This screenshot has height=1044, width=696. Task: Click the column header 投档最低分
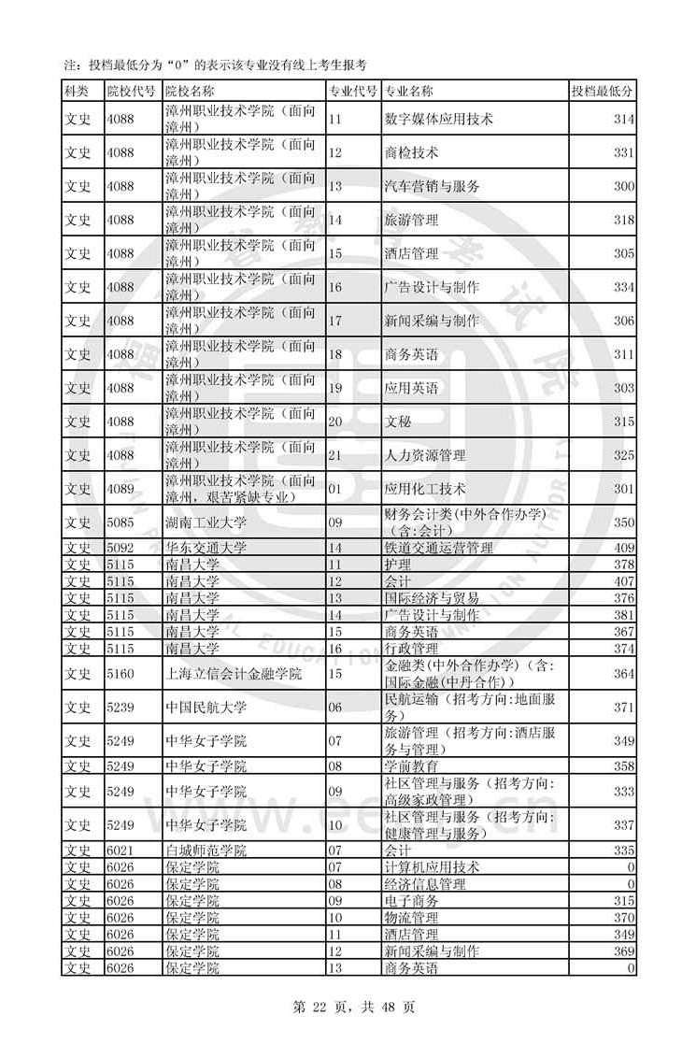pos(603,91)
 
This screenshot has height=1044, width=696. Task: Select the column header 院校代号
pos(132,91)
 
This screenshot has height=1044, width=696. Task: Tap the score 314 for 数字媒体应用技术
pos(623,119)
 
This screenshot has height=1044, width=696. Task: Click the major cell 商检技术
pos(411,152)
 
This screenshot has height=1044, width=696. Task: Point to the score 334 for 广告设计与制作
pos(623,287)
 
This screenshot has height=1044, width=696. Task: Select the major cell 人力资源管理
pos(425,455)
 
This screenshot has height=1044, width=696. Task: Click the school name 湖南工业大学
pos(206,522)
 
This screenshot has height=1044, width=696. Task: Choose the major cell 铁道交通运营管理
pos(438,548)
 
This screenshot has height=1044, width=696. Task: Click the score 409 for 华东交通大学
pos(623,548)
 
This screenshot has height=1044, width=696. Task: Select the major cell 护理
pos(398,565)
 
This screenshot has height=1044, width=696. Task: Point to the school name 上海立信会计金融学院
pos(234,674)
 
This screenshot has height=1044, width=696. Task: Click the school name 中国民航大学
pos(206,708)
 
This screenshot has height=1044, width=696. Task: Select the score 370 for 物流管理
pos(623,918)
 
